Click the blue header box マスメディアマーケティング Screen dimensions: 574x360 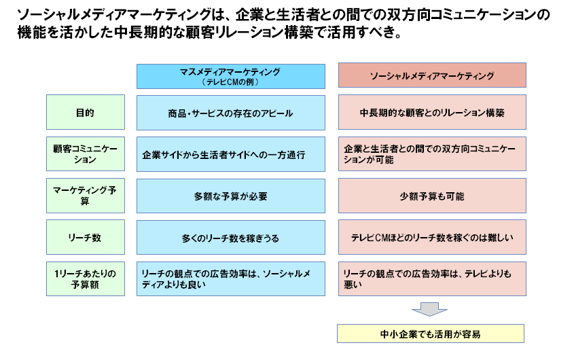point(231,76)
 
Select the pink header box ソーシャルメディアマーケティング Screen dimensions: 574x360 point(432,75)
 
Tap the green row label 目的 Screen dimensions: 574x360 point(86,112)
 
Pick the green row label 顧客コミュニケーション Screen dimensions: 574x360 point(86,154)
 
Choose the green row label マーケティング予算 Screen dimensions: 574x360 point(86,196)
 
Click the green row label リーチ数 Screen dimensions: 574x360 point(86,237)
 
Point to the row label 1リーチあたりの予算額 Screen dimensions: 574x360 point(86,278)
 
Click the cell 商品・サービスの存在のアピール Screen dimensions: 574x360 point(231,113)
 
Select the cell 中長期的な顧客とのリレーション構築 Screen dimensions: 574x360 point(432,112)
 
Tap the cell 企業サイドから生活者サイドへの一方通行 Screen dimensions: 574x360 point(231,154)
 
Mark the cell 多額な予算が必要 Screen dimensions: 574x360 point(231,196)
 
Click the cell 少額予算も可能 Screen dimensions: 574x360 point(432,196)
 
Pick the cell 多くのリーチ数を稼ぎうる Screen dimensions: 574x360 point(231,237)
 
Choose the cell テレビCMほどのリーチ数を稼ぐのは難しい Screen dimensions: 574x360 point(432,237)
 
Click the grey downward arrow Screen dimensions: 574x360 point(429,309)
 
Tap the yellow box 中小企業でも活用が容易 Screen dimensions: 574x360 point(431,334)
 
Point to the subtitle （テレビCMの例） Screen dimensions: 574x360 point(231,82)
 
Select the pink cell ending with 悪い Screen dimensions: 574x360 point(432,278)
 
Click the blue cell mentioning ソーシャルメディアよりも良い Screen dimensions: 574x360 point(231,278)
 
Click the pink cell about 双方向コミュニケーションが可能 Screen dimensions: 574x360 point(432,154)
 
